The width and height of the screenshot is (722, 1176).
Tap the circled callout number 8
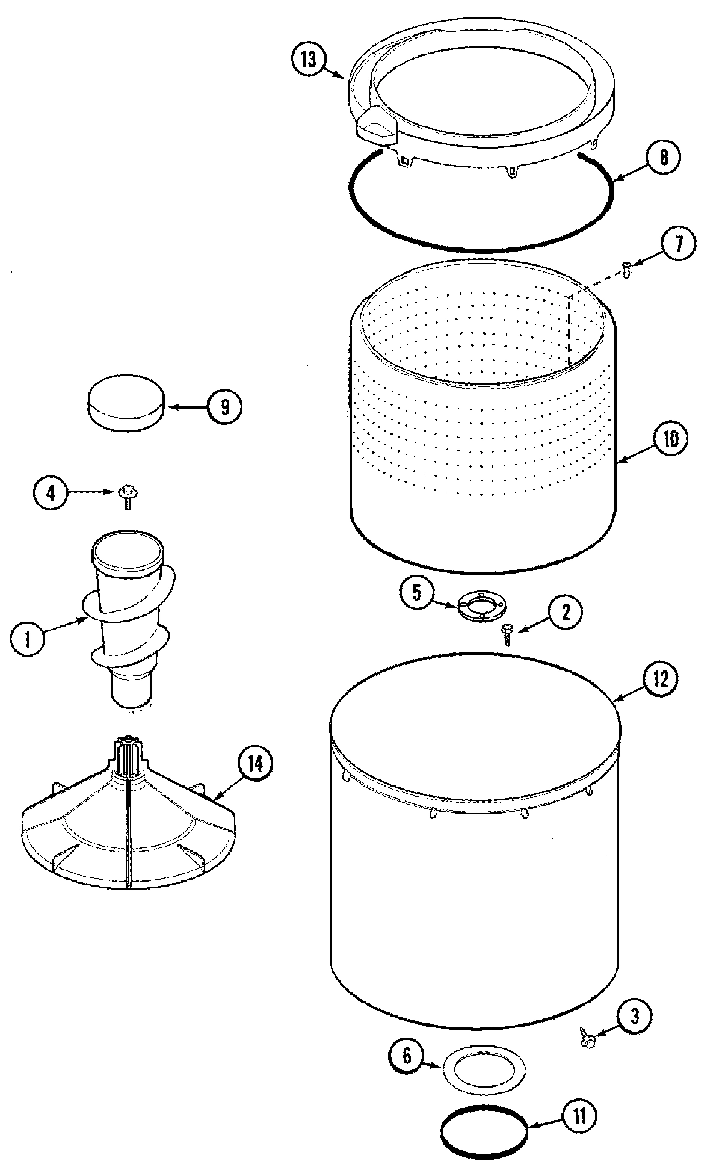[x=662, y=157]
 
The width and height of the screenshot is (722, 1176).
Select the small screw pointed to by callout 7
[x=627, y=271]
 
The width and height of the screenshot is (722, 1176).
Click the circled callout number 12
[x=660, y=679]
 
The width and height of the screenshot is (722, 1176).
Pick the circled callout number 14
[x=255, y=765]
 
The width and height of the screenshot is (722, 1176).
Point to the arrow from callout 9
[x=187, y=407]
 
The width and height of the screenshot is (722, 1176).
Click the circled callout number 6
[x=407, y=1058]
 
